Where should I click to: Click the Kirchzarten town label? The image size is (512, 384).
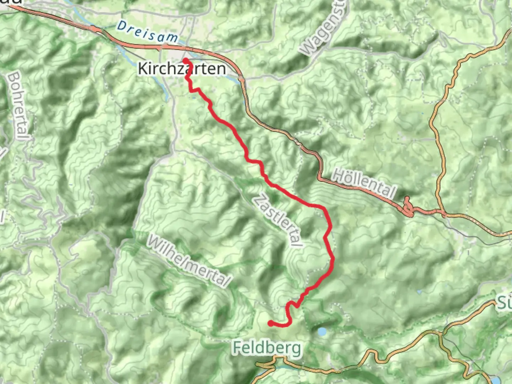(182, 68)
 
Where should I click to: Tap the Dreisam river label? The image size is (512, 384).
(148, 32)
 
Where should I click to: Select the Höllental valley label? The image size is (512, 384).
(364, 183)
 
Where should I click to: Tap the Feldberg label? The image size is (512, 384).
(267, 348)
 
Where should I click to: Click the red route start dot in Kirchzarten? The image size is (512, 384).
(186, 60)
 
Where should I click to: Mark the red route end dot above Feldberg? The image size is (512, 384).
(271, 323)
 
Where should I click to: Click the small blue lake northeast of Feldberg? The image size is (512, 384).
(322, 332)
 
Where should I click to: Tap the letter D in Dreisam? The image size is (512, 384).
(122, 25)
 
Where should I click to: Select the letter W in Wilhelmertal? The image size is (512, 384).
(154, 241)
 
